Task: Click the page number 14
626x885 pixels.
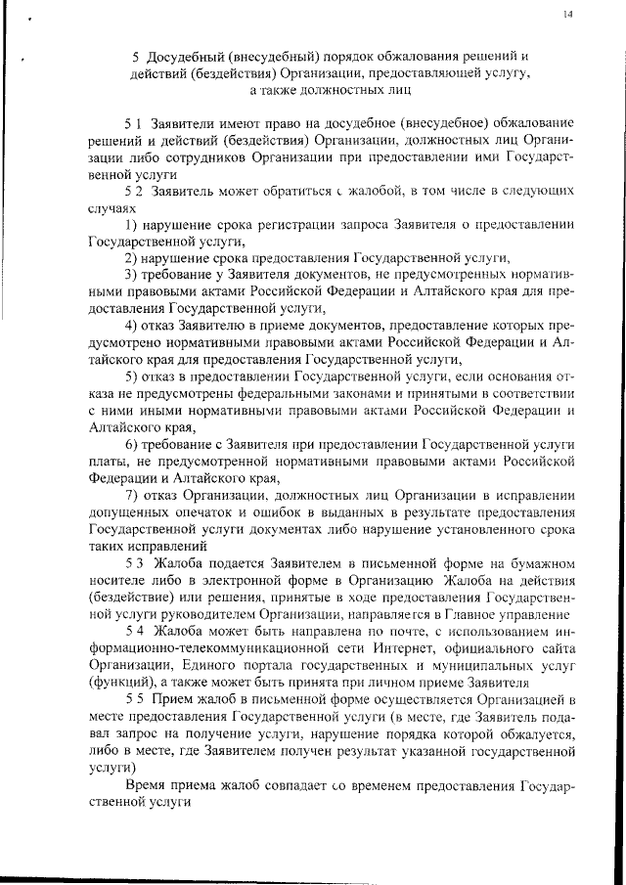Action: (568, 14)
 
